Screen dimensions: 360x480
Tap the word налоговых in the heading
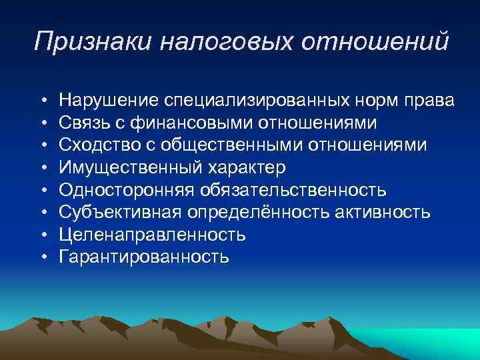coord(227,42)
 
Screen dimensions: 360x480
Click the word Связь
coord(81,123)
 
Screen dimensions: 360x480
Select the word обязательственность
coord(291,190)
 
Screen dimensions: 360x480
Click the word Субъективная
coord(121,213)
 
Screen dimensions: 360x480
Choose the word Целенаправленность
coord(152,235)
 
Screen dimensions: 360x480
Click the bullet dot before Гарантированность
coord(42,257)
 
